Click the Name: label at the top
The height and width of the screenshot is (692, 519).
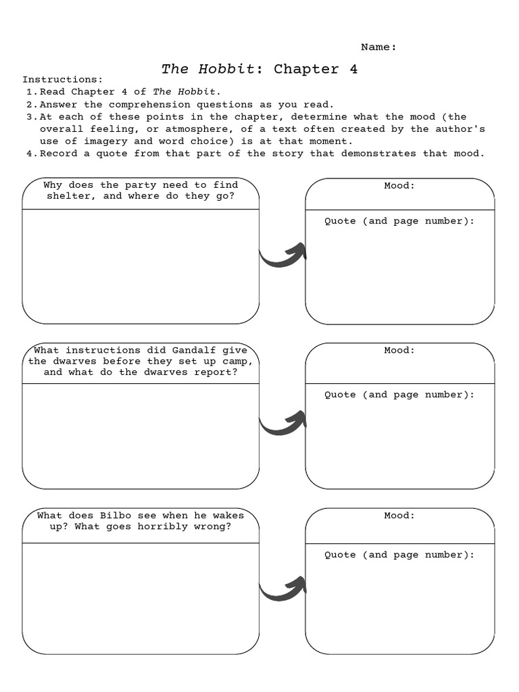pyautogui.click(x=378, y=47)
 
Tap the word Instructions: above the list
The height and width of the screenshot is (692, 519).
pyautogui.click(x=63, y=80)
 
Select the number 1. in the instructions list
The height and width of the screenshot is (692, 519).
pyautogui.click(x=31, y=92)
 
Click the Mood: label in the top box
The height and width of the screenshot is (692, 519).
pyautogui.click(x=399, y=185)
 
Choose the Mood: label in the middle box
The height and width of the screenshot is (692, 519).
pyautogui.click(x=399, y=350)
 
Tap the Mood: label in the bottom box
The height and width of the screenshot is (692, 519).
pyautogui.click(x=399, y=515)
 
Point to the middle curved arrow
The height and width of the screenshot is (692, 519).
pyautogui.click(x=283, y=423)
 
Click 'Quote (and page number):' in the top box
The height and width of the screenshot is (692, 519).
pyautogui.click(x=399, y=221)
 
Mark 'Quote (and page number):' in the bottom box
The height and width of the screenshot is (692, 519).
pyautogui.click(x=399, y=555)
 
